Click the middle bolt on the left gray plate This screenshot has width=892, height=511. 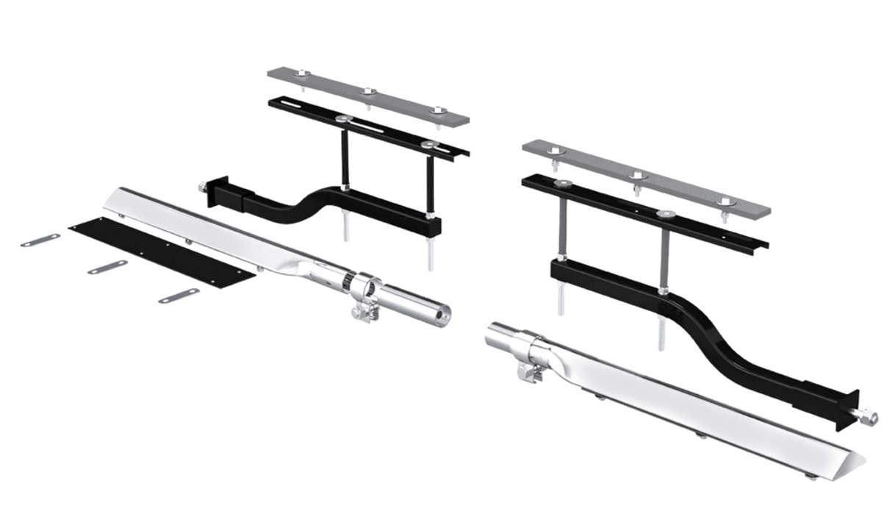[367, 90]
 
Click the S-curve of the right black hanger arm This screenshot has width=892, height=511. [705, 338]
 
